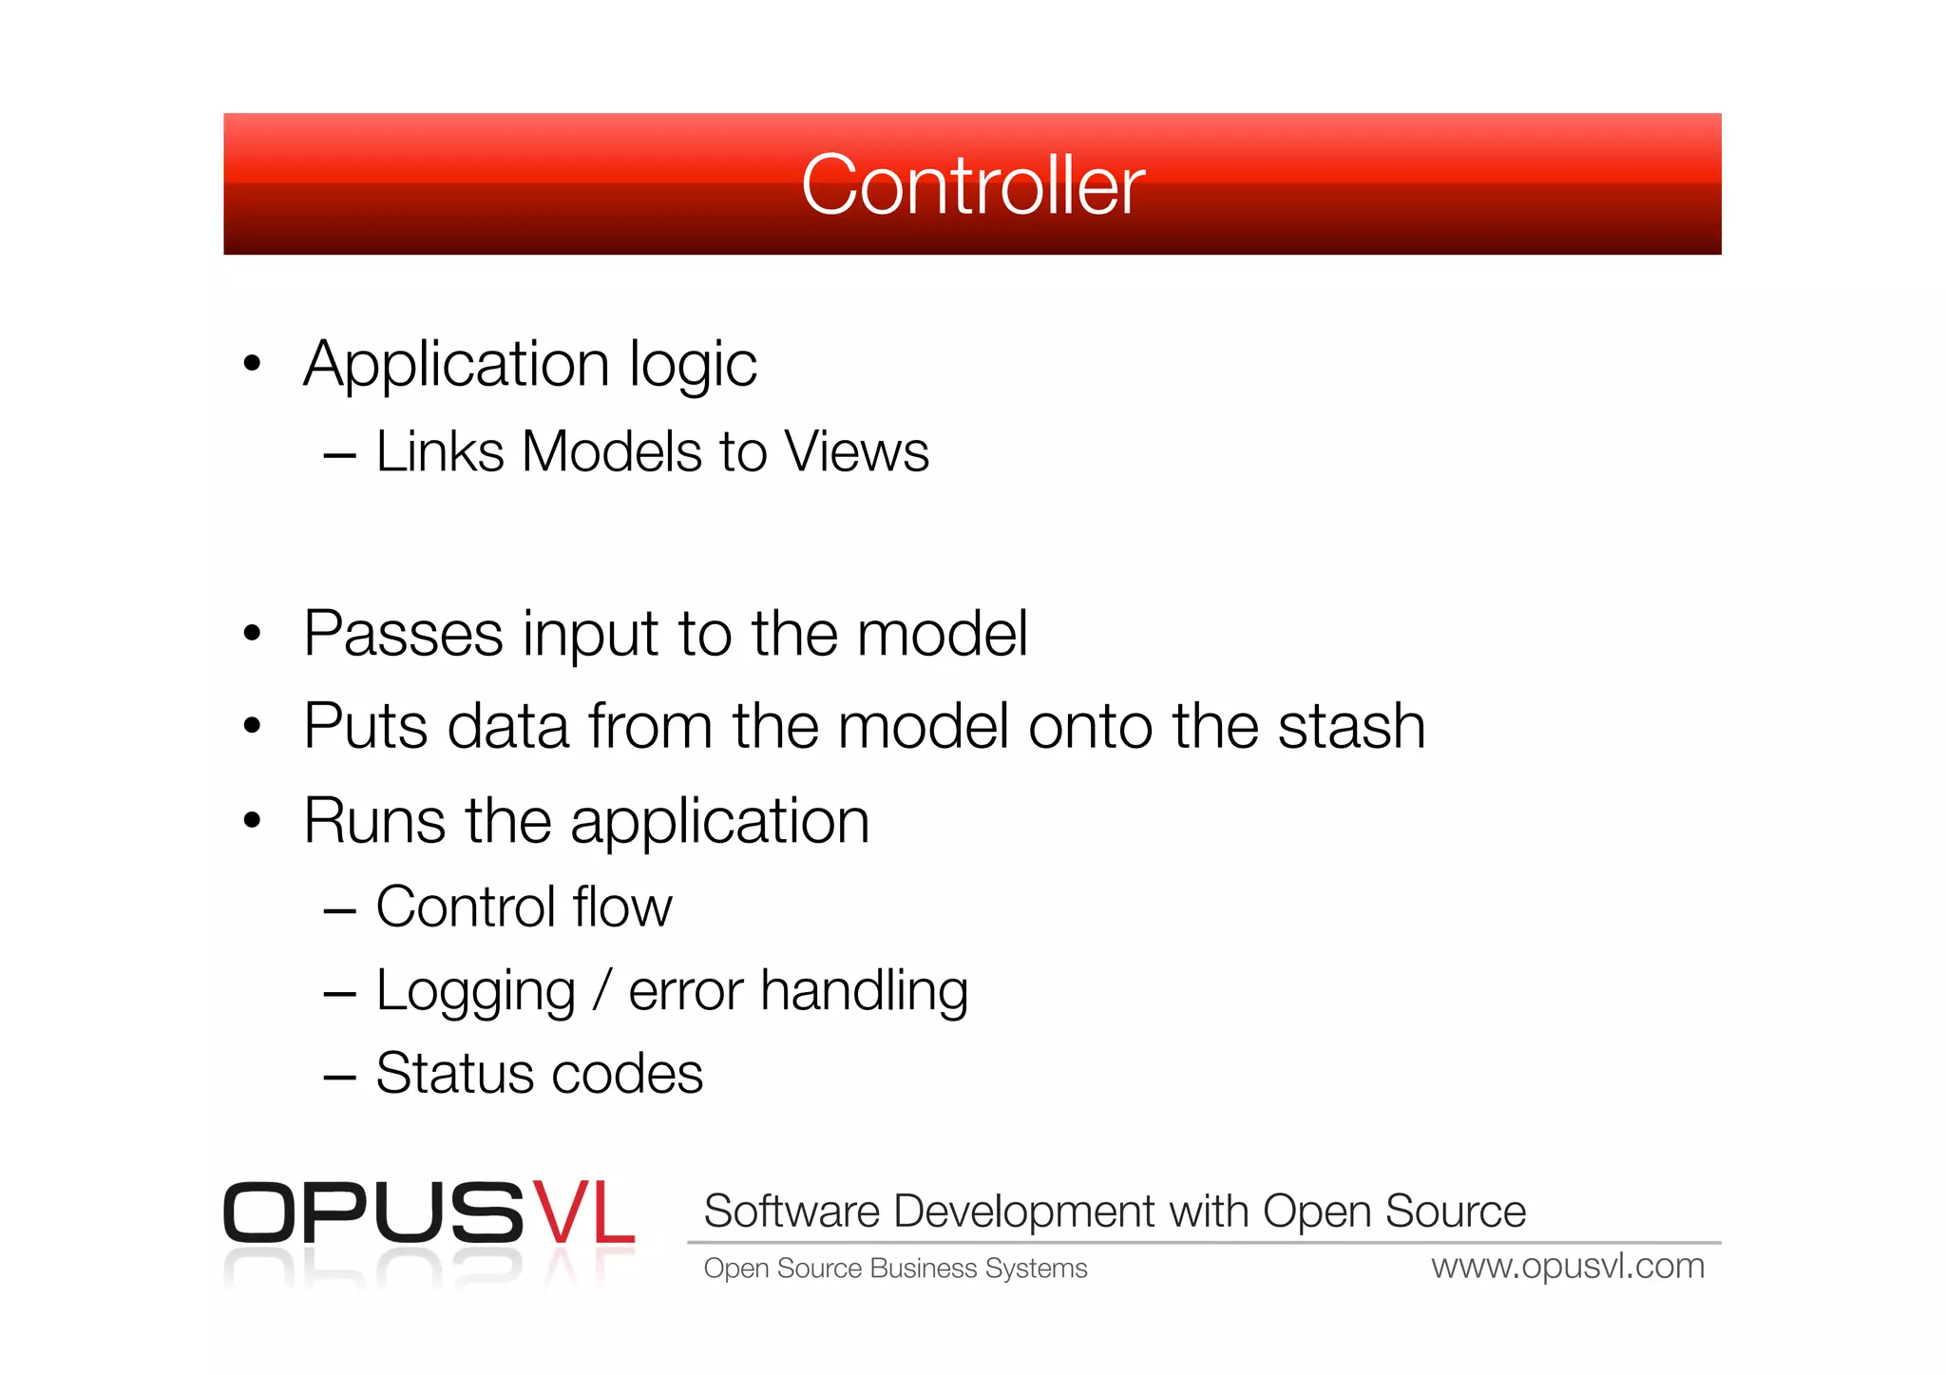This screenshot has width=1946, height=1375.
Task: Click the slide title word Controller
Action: tap(972, 185)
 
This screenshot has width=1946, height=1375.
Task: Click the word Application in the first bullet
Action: tap(456, 366)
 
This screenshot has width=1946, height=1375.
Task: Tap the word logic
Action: tap(693, 366)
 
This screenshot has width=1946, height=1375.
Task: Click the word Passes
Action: tap(403, 634)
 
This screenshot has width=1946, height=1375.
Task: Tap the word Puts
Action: tap(365, 727)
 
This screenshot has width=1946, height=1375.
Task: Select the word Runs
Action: tap(374, 821)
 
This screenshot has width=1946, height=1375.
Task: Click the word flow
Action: tap(622, 907)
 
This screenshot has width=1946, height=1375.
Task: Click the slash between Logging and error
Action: tap(601, 991)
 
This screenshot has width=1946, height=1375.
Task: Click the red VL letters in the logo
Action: tap(582, 1213)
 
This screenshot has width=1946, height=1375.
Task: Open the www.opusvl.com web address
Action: tap(1568, 1267)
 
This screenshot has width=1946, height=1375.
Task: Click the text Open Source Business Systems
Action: tap(895, 1269)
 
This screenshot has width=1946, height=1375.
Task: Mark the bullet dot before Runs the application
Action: tap(252, 820)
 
